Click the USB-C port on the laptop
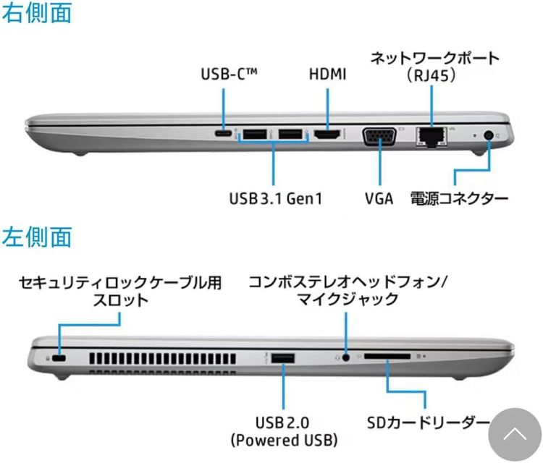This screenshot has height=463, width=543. [224, 134]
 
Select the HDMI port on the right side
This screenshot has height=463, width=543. [327, 135]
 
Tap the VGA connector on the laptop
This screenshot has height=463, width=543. [379, 136]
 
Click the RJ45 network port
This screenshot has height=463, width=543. [432, 137]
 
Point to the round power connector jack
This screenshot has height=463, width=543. [489, 135]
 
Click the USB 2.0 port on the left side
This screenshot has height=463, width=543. [283, 358]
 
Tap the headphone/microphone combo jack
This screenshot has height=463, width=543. [345, 357]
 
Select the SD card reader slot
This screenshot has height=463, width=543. [387, 357]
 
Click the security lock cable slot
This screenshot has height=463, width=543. [59, 359]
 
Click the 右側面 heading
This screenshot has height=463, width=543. [37, 13]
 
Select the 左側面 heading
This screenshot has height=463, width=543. [37, 237]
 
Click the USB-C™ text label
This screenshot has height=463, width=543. [230, 74]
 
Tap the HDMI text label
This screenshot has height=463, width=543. [327, 74]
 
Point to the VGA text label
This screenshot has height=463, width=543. [379, 199]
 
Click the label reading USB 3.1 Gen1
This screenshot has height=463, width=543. [276, 199]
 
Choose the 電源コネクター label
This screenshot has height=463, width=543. [459, 199]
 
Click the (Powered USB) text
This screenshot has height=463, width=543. [284, 440]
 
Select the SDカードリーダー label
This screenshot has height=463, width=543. [429, 422]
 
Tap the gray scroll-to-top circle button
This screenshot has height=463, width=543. [515, 435]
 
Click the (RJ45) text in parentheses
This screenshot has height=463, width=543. [432, 75]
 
